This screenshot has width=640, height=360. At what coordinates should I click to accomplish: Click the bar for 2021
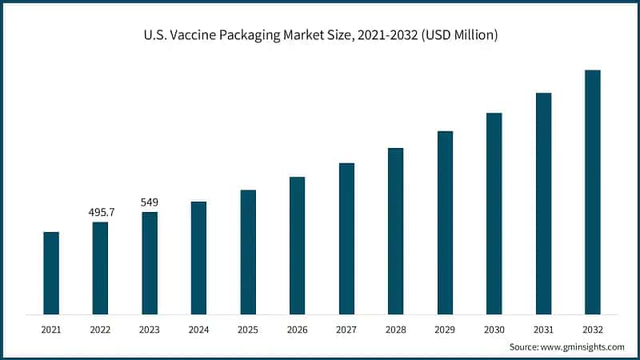pos(51,273)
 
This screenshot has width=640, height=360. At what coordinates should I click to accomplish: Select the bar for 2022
pos(100,268)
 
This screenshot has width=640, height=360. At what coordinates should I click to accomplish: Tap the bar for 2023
pos(150,262)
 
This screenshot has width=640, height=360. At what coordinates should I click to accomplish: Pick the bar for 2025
pos(248,252)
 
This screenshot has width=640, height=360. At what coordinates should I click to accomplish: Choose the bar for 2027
pos(346,238)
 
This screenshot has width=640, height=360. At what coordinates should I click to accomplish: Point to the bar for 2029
pos(445,222)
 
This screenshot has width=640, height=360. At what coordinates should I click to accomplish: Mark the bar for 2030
pos(494,214)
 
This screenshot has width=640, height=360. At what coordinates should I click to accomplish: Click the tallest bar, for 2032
pos(592,192)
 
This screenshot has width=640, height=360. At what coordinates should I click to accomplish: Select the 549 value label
pos(150,202)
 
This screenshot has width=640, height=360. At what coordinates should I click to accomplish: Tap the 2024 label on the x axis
pos(198,329)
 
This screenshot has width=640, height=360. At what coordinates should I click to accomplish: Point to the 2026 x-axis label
pos(297,329)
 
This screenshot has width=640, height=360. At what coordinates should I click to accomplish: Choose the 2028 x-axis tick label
pos(395,329)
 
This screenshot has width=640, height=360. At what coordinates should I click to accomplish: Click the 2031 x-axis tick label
pos(543,329)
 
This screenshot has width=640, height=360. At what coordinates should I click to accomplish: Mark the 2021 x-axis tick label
pos(51,329)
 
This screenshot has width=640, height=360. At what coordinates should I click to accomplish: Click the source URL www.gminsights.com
pos(583,347)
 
